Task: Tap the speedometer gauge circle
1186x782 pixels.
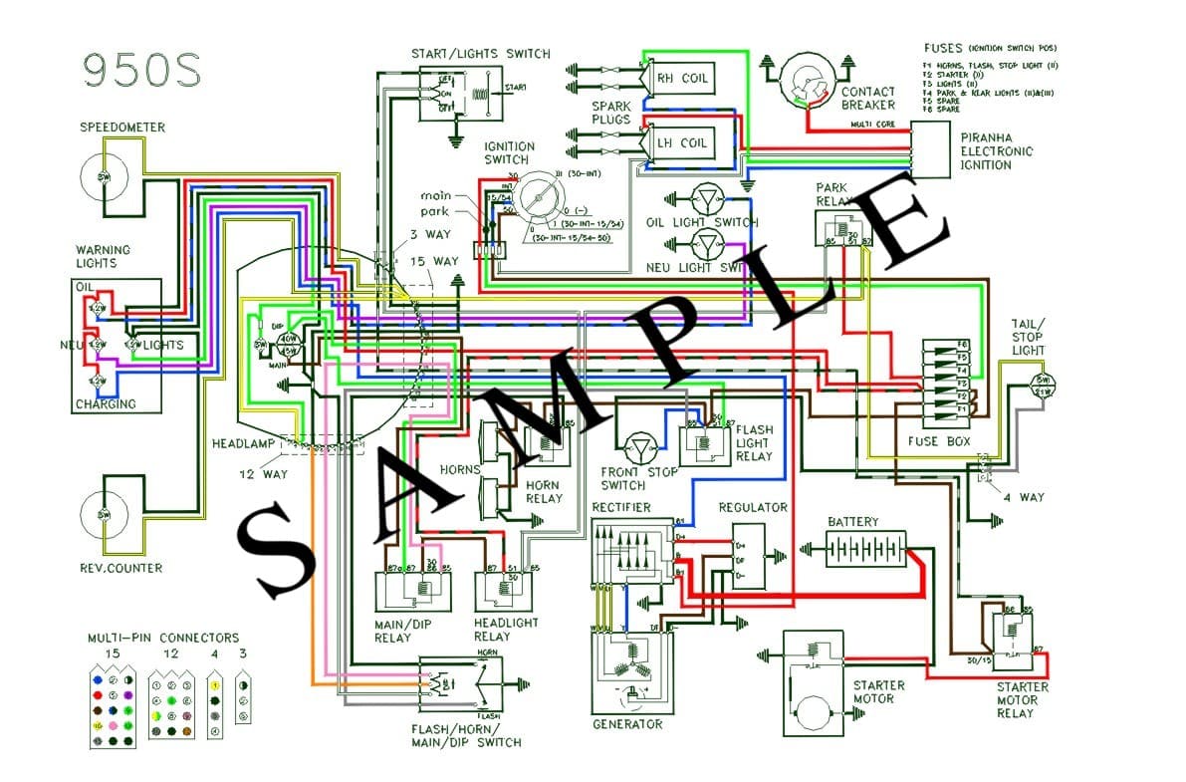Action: (104, 176)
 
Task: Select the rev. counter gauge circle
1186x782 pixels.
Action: (104, 514)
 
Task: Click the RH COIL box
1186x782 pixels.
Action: (682, 78)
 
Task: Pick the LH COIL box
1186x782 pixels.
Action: (682, 143)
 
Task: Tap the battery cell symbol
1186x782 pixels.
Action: (865, 549)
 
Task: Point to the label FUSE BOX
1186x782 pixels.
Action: (937, 441)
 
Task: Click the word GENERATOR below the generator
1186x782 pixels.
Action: (626, 724)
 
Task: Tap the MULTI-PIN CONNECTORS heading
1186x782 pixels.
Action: (161, 638)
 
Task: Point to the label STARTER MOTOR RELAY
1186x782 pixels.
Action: (1022, 699)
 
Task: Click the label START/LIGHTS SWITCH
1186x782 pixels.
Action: (480, 54)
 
